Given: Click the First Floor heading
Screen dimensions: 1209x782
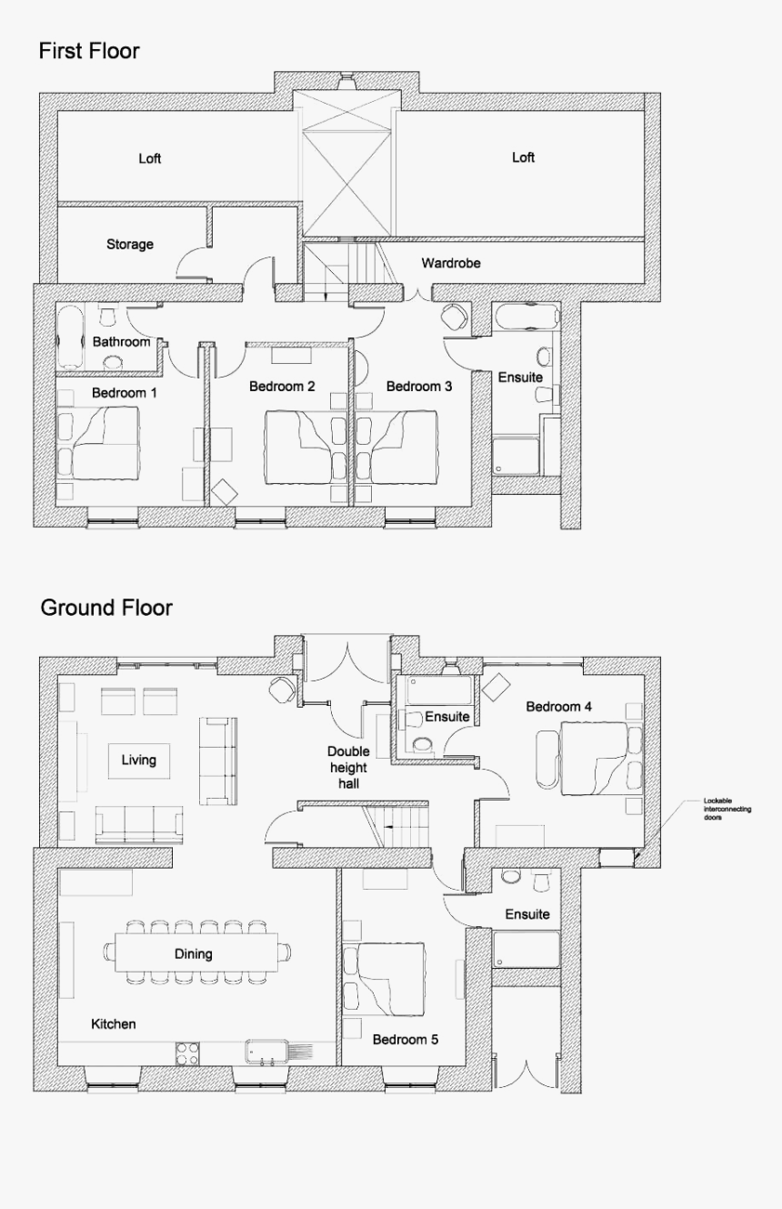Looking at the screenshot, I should tap(89, 52).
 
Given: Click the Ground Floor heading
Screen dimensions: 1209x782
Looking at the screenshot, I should tap(106, 608).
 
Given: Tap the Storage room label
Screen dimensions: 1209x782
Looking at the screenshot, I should tap(130, 245).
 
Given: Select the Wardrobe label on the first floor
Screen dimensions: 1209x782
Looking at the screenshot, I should tap(451, 263).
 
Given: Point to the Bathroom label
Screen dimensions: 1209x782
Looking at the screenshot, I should tap(121, 342).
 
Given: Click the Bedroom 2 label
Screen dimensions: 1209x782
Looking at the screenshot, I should tap(282, 387).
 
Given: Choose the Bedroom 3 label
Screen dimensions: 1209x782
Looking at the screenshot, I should tap(419, 387).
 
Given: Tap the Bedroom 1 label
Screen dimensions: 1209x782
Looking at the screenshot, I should tap(125, 393).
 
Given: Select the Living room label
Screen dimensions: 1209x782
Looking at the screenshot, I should tap(138, 760).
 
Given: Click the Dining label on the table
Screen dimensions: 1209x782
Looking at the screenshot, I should tap(193, 954).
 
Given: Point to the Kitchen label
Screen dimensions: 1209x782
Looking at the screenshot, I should tap(114, 1024).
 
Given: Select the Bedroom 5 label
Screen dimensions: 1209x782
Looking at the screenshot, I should tap(406, 1039).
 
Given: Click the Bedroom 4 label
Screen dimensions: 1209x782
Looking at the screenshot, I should tap(559, 707).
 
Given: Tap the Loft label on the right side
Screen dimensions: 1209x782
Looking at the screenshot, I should tap(523, 157).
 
